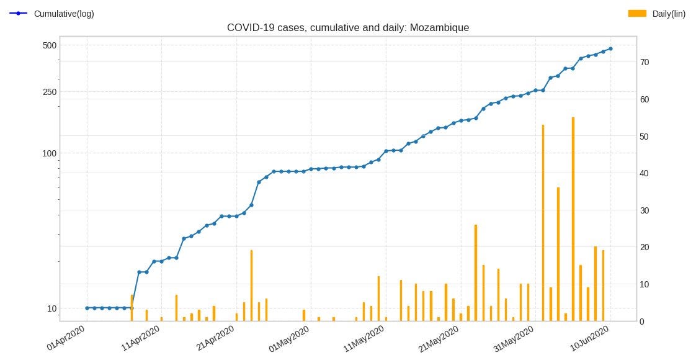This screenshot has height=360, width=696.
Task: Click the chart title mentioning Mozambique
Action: click(x=347, y=28)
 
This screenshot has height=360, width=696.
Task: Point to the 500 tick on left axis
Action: click(x=50, y=45)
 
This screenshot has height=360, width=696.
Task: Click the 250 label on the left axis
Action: click(x=50, y=92)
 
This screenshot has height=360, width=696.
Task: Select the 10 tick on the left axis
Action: click(x=51, y=308)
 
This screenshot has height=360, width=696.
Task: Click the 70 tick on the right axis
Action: click(x=645, y=62)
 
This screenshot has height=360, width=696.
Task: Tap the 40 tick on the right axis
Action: click(x=645, y=173)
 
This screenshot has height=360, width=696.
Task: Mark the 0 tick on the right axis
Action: click(x=642, y=321)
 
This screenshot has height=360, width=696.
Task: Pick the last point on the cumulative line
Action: click(x=610, y=48)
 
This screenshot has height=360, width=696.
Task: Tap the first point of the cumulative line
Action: click(x=87, y=308)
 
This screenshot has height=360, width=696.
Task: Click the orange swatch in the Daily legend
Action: click(x=637, y=13)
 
